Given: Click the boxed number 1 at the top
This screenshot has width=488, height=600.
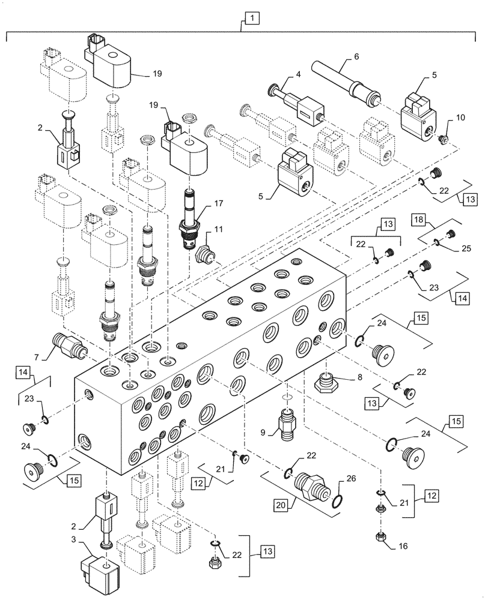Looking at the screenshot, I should click(x=252, y=20).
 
